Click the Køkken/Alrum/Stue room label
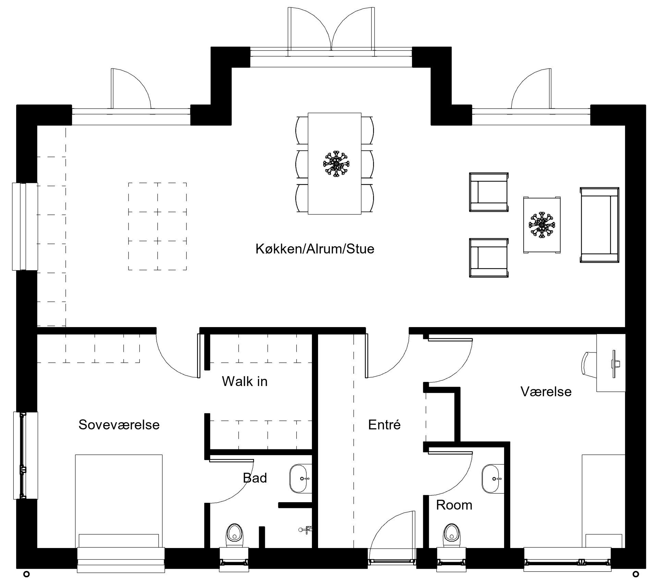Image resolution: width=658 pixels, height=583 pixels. [315, 249]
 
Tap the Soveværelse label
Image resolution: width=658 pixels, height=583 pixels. [119, 425]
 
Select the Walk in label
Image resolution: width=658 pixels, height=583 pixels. [244, 381]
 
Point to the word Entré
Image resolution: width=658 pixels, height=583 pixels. [384, 425]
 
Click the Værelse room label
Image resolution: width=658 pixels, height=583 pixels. [546, 392]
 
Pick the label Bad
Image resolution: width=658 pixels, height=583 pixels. [255, 478]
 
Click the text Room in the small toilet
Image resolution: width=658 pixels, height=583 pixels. [454, 505]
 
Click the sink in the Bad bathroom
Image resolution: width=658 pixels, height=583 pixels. [300, 479]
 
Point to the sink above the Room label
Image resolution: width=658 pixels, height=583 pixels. [493, 479]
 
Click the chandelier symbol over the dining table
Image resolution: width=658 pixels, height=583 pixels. [336, 163]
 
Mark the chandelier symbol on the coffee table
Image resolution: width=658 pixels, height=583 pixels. [542, 225]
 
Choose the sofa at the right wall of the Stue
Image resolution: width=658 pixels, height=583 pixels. [599, 225]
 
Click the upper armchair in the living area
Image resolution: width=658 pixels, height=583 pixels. [489, 192]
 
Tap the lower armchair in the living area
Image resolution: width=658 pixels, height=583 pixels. [489, 258]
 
